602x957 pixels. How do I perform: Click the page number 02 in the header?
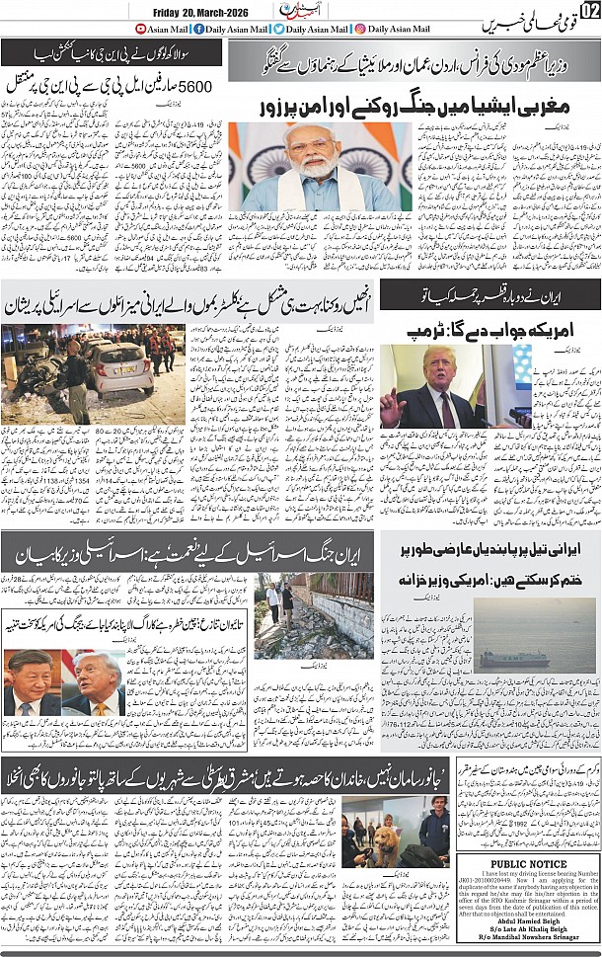tap(588, 11)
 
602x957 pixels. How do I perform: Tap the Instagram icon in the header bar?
tap(360, 30)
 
